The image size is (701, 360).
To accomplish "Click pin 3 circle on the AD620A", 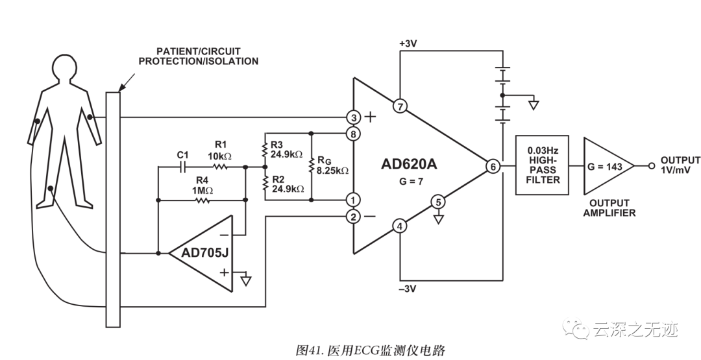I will (x=353, y=117).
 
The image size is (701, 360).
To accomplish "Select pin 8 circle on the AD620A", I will (x=353, y=135).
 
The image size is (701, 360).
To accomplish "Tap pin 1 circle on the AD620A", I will (x=353, y=200).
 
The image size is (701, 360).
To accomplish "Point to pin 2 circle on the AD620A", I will (x=353, y=217).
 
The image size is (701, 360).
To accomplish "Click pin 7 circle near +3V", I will (x=400, y=106).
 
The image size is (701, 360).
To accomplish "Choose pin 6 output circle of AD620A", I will (x=493, y=167).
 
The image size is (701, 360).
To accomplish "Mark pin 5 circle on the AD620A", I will (x=438, y=202).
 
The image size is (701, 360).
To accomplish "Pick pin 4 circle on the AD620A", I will (x=400, y=226).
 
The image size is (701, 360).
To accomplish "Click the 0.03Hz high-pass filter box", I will (x=543, y=165).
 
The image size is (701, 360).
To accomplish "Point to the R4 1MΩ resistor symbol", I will (x=203, y=200).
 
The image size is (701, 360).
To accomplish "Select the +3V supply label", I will (x=410, y=43).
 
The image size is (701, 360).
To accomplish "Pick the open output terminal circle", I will (x=651, y=166).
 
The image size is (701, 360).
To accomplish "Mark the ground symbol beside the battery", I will (x=534, y=105).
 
